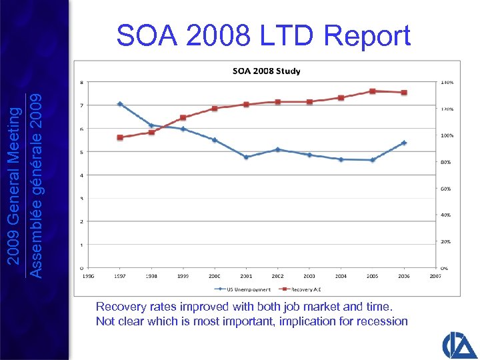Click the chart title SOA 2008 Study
[265, 71]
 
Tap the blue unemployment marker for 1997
[120, 104]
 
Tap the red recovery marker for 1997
[120, 137]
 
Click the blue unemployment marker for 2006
[404, 143]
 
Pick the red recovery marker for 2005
[373, 91]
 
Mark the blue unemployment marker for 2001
[247, 157]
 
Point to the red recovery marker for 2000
[215, 108]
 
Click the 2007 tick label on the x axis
[436, 275]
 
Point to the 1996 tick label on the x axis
[89, 275]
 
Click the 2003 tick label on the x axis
[309, 275]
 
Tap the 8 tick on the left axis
[81, 83]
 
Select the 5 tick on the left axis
[81, 152]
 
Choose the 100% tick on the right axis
[445, 135]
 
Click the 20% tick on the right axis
[445, 241]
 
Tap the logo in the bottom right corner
[459, 343]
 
